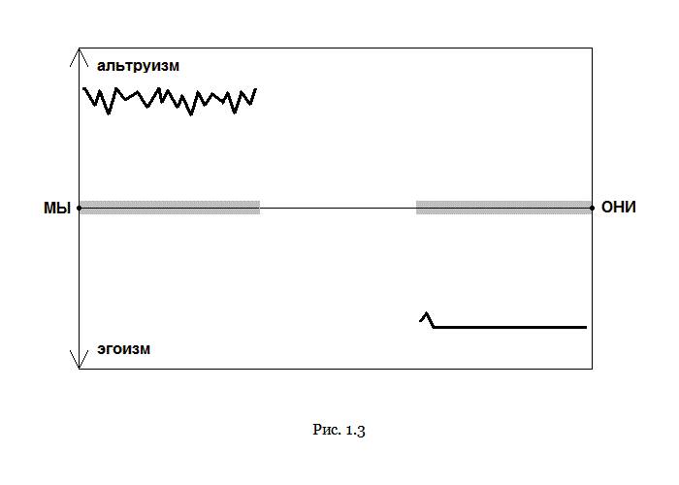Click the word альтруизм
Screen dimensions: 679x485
[x=138, y=66]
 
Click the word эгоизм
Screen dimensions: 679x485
[x=124, y=349]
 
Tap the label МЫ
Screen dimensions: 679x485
[x=57, y=209]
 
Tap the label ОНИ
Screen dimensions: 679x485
[x=619, y=208]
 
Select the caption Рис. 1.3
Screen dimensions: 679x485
[x=339, y=430]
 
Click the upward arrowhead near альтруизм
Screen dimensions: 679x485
[x=79, y=56]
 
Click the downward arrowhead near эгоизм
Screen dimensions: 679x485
[x=79, y=360]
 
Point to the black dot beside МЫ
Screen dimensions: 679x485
[x=80, y=209]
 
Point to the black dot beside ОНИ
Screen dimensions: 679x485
[x=592, y=209]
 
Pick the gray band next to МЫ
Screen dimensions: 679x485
[x=170, y=208]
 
